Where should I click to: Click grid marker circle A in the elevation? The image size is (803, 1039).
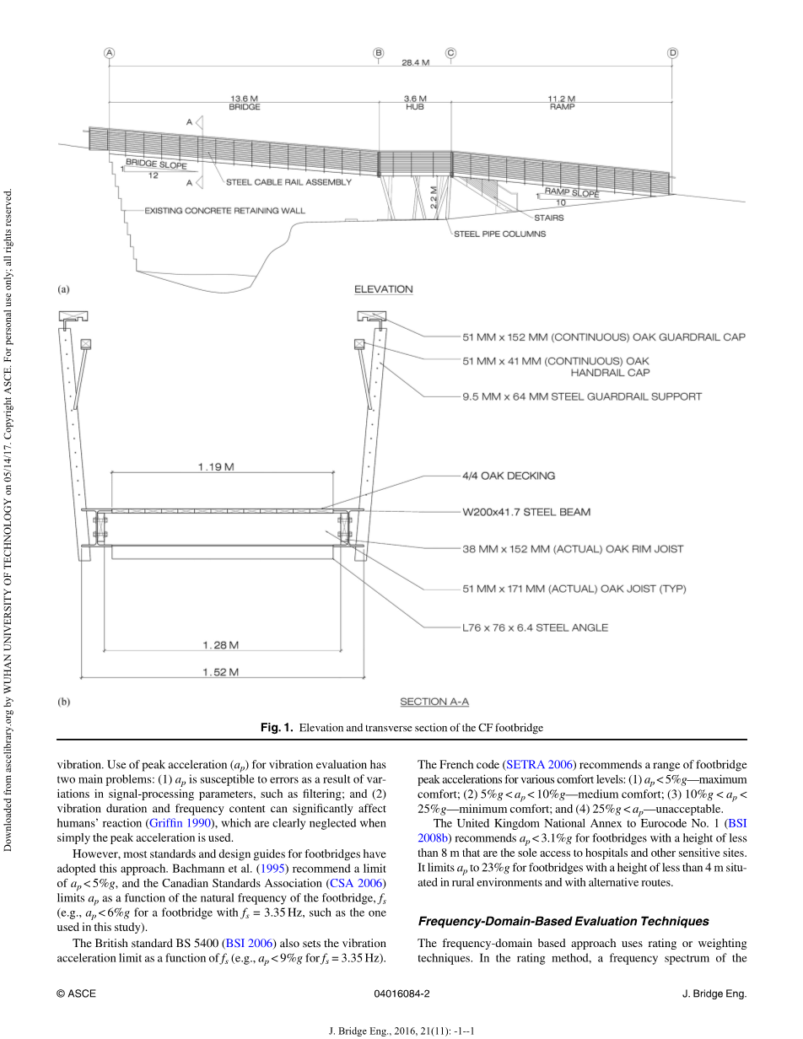[x=109, y=53]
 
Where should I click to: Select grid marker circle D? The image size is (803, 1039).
[x=672, y=53]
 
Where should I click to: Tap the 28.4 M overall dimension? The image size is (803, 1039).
[x=415, y=62]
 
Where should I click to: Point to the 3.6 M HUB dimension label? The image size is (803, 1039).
[x=415, y=103]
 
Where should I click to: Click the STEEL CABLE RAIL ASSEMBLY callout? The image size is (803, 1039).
[x=288, y=182]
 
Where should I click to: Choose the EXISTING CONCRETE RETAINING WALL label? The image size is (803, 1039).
[x=225, y=210]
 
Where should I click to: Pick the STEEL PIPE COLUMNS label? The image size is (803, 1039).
[x=499, y=234]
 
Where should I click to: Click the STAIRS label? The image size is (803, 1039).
[x=548, y=218]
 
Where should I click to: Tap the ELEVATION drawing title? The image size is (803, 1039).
[x=384, y=289]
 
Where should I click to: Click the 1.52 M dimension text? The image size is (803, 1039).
[x=220, y=672]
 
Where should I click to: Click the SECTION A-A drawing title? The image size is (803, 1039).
[x=434, y=702]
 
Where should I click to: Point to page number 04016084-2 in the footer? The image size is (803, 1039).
[x=401, y=994]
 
